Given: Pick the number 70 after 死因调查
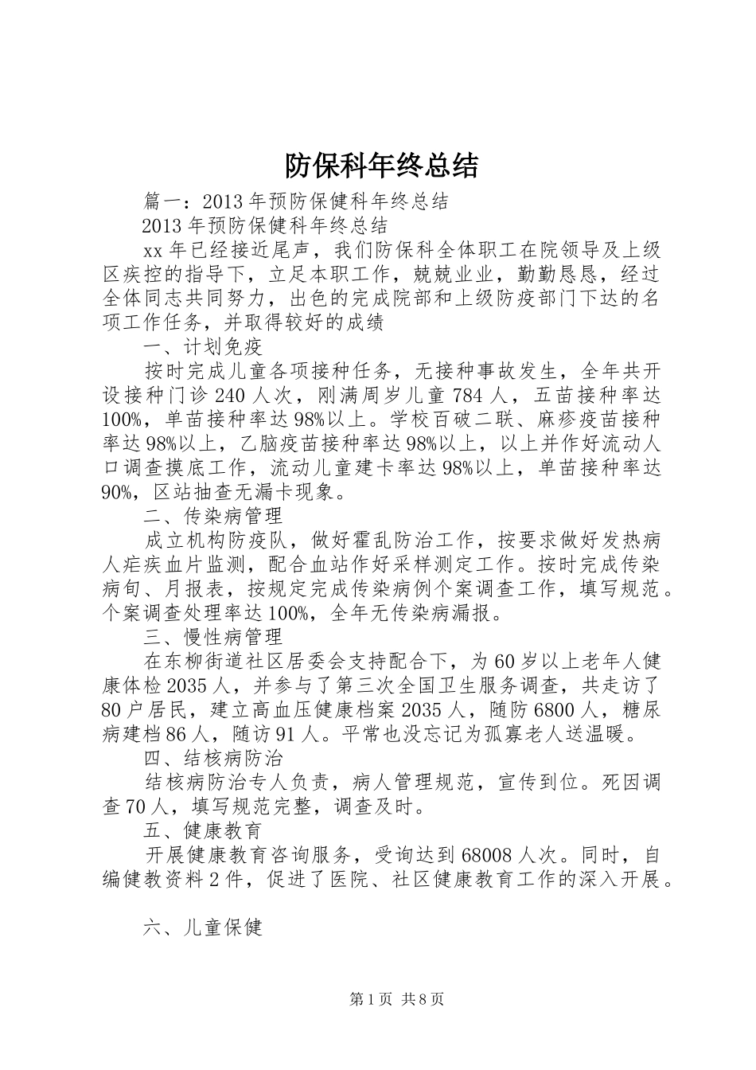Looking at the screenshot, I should coord(137,807).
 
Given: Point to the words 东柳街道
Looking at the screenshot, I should coord(215,662).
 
